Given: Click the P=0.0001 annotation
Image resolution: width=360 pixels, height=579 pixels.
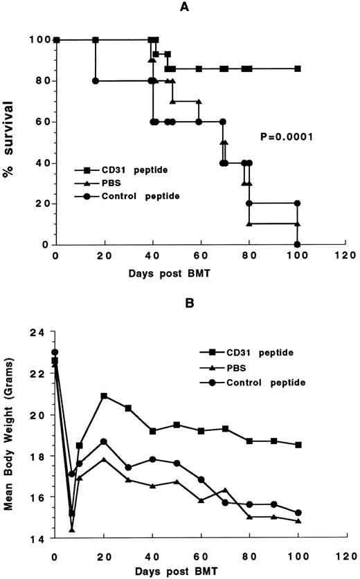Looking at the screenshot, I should click(x=285, y=137).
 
